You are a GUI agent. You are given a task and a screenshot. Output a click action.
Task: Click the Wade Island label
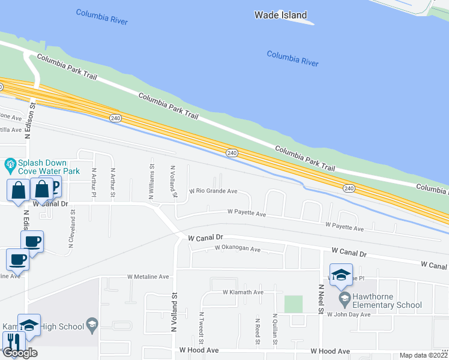pos(280,15)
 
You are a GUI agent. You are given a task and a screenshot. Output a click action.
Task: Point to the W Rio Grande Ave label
pos(214,191)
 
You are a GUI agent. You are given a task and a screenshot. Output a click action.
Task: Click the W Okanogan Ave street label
pos(229,249)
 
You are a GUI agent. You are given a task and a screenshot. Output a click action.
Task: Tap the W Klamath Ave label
pos(243,292)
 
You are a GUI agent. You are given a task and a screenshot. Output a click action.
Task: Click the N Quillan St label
pos(274,328)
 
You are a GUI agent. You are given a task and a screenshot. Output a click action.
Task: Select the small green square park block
pos(293,304)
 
